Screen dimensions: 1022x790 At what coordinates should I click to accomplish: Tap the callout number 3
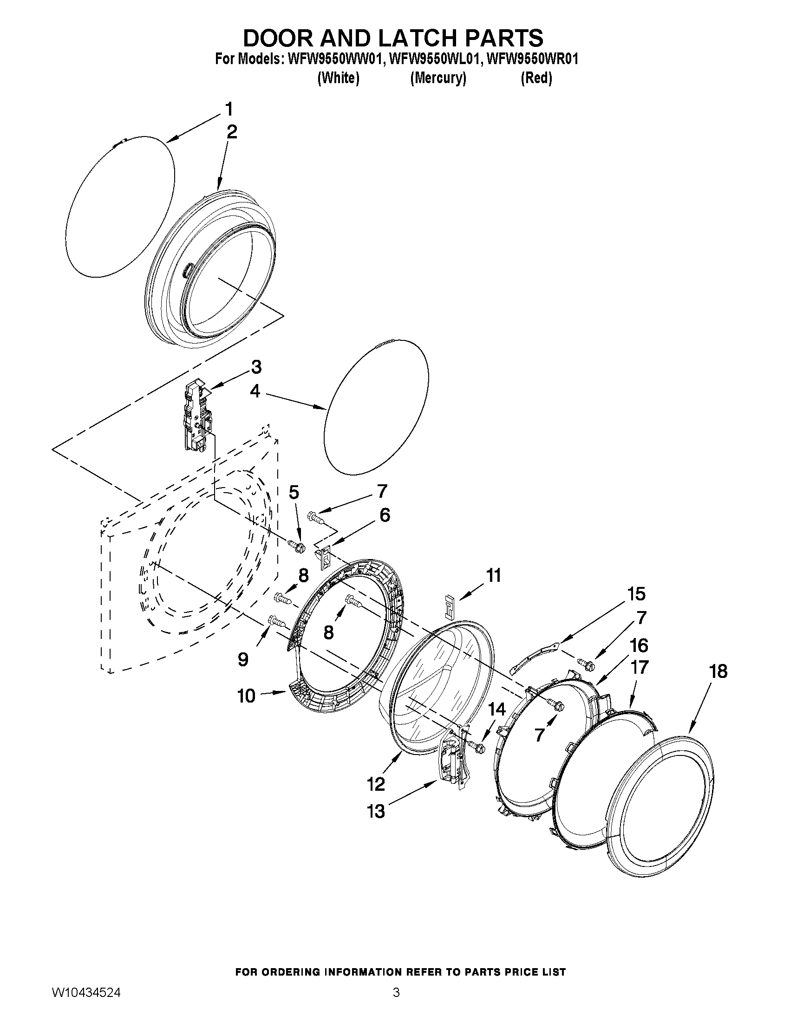[256, 367]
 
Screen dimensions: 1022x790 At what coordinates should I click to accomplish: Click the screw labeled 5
[296, 545]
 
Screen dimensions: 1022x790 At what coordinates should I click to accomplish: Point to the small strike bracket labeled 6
[323, 556]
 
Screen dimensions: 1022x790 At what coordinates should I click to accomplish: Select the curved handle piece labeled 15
[534, 658]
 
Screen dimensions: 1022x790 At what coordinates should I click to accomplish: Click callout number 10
[247, 696]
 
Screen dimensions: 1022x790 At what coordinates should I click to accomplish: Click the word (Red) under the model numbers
[536, 78]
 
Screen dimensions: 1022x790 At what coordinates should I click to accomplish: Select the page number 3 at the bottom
[396, 1002]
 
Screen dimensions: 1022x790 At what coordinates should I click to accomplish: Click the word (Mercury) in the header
[438, 78]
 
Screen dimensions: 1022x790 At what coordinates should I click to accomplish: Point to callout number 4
[255, 391]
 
